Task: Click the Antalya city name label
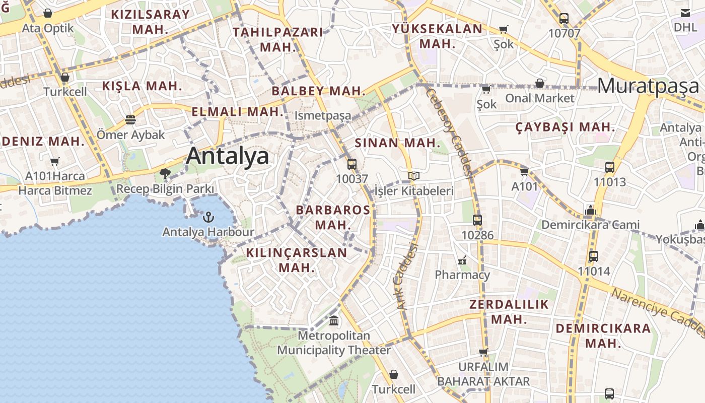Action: pyautogui.click(x=228, y=156)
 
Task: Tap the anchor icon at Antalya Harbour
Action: pyautogui.click(x=208, y=217)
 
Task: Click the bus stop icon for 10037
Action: pyautogui.click(x=352, y=164)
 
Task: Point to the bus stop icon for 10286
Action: pyautogui.click(x=477, y=220)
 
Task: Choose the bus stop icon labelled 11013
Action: pyautogui.click(x=610, y=167)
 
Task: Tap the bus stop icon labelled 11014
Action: pyautogui.click(x=594, y=256)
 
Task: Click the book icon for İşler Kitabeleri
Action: pyautogui.click(x=414, y=176)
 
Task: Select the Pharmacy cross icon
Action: pyautogui.click(x=462, y=260)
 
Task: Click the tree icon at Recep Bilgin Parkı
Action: pyautogui.click(x=165, y=174)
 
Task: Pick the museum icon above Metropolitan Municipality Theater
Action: pyautogui.click(x=334, y=320)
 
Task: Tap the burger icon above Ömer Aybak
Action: pyautogui.click(x=130, y=120)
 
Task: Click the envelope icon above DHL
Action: pyautogui.click(x=685, y=13)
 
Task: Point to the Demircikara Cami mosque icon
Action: pyautogui.click(x=590, y=210)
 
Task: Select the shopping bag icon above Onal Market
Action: pyautogui.click(x=540, y=83)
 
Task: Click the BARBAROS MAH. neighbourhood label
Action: pyautogui.click(x=332, y=217)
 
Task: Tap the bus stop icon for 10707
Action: pyautogui.click(x=564, y=19)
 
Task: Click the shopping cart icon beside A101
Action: pyautogui.click(x=525, y=172)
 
